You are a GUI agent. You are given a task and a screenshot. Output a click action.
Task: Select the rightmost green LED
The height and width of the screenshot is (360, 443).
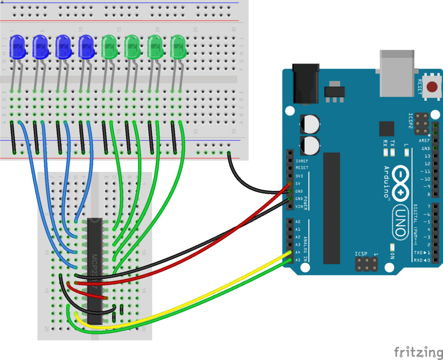tap(178, 48)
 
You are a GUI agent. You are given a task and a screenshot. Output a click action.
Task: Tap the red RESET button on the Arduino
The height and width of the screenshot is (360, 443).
tap(431, 87)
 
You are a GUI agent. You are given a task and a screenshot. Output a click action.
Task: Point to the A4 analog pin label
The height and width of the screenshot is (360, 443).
tap(298, 252)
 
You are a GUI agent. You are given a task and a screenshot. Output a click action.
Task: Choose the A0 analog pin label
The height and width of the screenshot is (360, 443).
tap(298, 222)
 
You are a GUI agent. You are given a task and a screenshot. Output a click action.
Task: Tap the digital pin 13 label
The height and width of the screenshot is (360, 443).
tap(427, 156)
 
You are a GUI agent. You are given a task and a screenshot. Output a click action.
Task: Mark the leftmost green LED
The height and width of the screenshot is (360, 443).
tap(109, 48)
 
